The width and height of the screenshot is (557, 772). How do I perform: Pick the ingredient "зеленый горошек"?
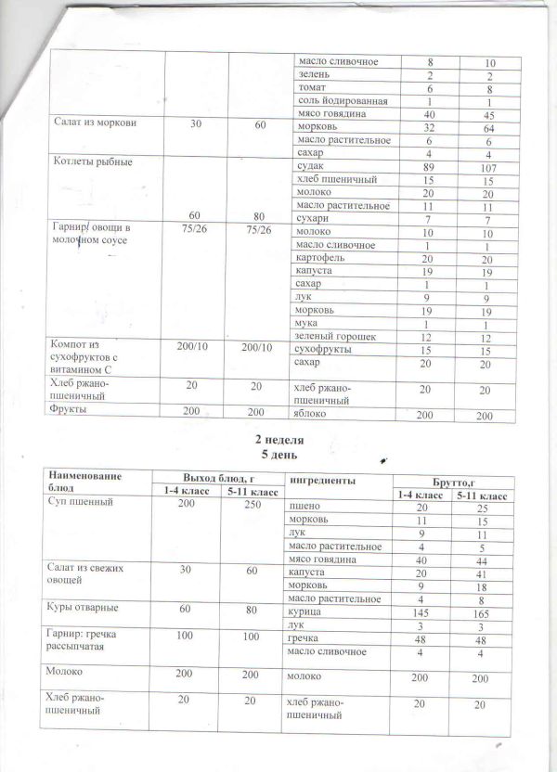click(333, 337)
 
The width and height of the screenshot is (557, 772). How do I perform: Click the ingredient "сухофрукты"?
click(319, 352)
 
